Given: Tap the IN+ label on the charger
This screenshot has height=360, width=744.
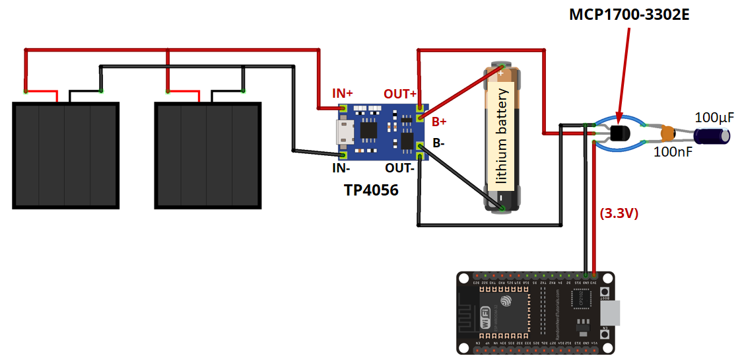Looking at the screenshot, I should point(343,93).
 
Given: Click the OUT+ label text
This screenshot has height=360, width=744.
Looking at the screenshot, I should point(400,94).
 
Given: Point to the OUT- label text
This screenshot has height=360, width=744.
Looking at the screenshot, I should point(401,168).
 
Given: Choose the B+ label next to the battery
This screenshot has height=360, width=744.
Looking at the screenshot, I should point(439,122).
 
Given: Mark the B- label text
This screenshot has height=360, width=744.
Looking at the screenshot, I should point(438,142).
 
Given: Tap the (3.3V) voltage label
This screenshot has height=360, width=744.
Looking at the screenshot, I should point(619,213).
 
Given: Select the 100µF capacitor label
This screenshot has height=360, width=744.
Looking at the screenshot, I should point(714,118).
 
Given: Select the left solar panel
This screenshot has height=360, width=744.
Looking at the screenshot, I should point(65,155).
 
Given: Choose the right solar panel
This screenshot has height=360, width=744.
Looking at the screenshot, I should point(208,155).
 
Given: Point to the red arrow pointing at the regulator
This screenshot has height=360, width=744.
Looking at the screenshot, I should point(625,73).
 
